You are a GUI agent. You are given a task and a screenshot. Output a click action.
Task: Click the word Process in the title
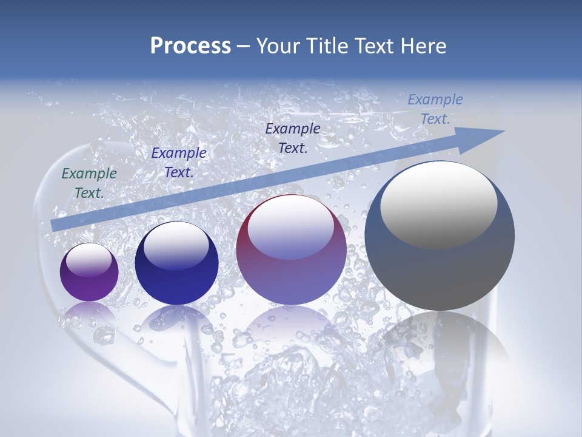click(190, 46)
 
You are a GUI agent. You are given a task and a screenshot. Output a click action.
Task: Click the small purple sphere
click(89, 273)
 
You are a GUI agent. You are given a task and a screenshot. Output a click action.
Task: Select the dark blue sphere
click(176, 264)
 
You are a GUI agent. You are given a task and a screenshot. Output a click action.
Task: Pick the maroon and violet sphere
click(291, 250)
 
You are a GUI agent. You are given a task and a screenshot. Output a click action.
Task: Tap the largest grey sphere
click(440, 237)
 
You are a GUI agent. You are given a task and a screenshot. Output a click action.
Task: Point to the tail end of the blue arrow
click(56, 225)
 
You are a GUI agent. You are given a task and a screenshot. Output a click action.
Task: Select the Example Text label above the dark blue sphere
click(179, 163)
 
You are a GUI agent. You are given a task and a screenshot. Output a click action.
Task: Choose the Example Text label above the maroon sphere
click(293, 138)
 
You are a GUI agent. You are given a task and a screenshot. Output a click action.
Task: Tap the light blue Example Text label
click(435, 109)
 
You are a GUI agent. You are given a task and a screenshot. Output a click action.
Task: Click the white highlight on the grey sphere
click(438, 203)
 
